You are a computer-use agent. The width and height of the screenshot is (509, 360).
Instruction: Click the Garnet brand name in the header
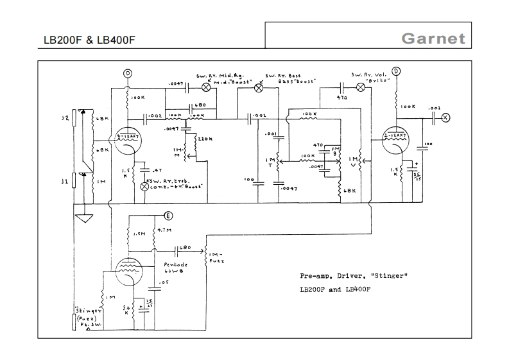[433, 39]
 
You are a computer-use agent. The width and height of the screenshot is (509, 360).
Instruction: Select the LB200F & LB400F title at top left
[89, 40]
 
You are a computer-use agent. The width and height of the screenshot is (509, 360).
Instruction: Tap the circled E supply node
[169, 215]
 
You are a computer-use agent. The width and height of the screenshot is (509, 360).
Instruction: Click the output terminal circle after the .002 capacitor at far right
[446, 117]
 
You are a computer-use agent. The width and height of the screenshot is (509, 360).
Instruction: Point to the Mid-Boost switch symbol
[207, 87]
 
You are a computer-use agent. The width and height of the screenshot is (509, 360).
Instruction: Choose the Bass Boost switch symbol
[259, 87]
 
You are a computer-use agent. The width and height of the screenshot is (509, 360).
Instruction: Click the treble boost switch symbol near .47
[144, 185]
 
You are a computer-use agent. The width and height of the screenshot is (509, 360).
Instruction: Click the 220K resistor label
[206, 139]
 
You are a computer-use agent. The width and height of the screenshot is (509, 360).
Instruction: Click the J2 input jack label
[64, 118]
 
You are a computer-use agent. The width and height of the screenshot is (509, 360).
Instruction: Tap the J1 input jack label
[64, 182]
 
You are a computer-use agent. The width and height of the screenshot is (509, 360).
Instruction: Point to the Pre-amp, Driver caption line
[353, 276]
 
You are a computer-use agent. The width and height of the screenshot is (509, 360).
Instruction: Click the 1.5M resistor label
[138, 235]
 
